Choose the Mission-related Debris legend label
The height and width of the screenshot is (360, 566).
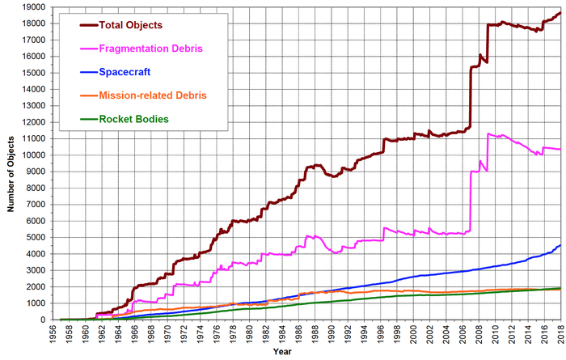pyautogui.click(x=153, y=95)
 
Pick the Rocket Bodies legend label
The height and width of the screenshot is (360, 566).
pyautogui.click(x=134, y=119)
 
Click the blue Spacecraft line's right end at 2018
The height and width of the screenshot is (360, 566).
pyautogui.click(x=560, y=245)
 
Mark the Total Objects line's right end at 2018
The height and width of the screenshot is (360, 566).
pyautogui.click(x=560, y=12)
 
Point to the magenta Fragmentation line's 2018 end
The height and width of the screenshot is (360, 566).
pyautogui.click(x=560, y=149)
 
